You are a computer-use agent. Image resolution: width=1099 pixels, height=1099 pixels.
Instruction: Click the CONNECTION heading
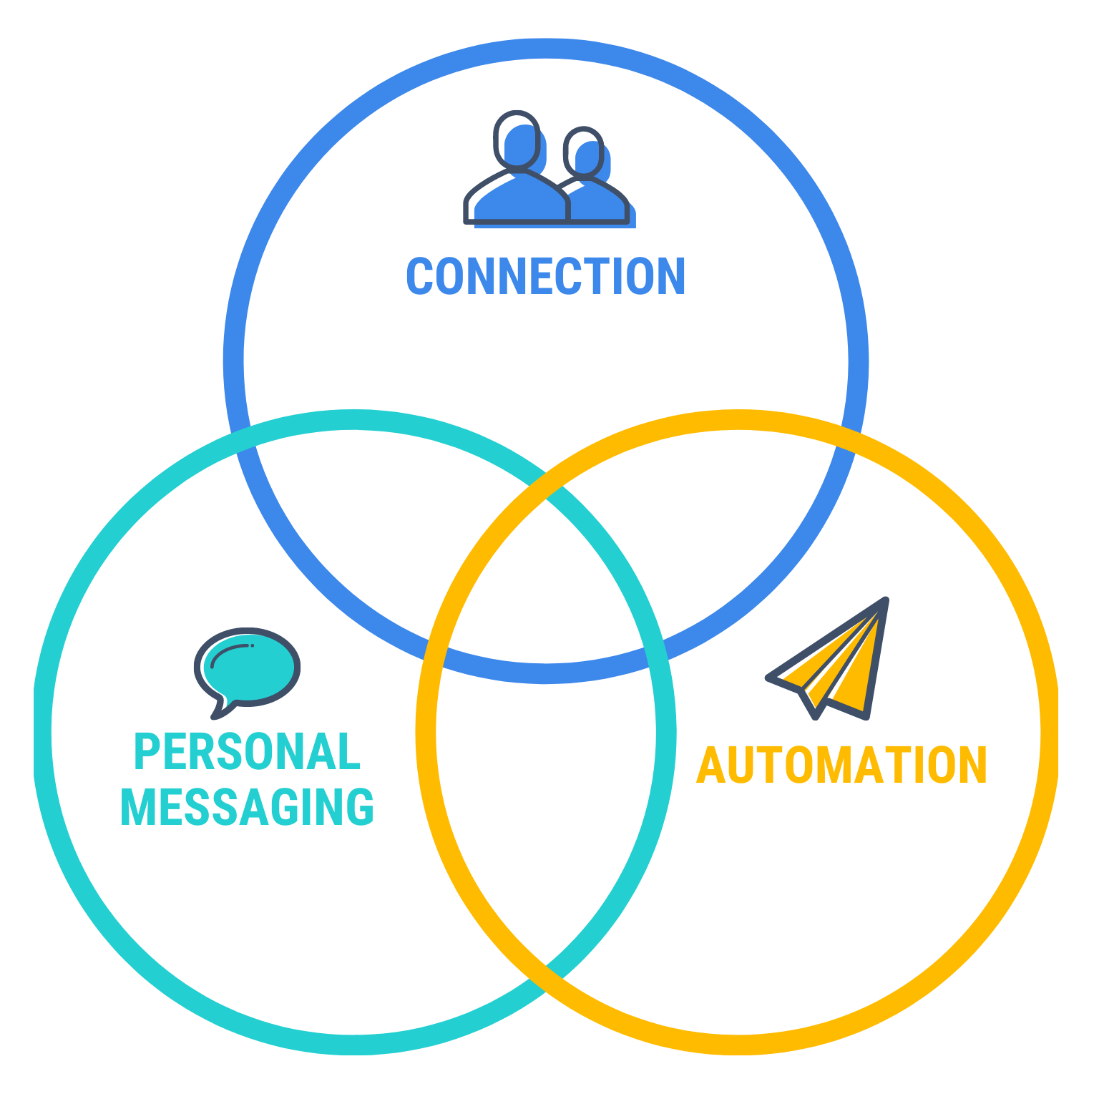[x=545, y=277]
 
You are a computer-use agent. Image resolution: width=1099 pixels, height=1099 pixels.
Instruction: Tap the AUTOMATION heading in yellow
[x=841, y=766]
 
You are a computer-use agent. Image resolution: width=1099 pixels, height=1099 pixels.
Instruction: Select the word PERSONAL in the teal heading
[x=248, y=752]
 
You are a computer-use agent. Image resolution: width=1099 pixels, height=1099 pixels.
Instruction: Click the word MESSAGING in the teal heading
[x=248, y=807]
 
